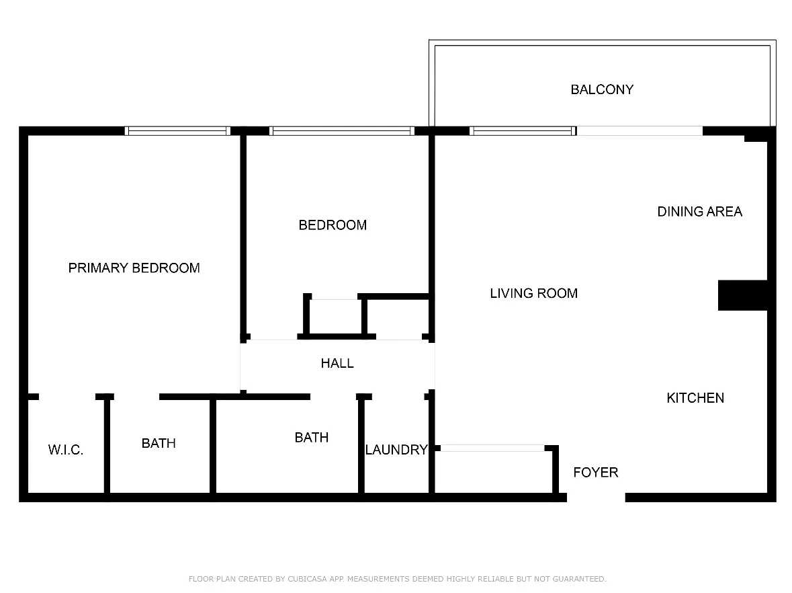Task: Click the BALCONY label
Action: (601, 89)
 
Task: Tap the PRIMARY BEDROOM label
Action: (134, 268)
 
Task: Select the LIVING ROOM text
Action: (533, 293)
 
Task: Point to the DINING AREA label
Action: (699, 212)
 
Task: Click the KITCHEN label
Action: (695, 398)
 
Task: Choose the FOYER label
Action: (595, 473)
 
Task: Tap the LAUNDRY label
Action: (396, 450)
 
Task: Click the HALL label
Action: (337, 364)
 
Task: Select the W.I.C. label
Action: (66, 450)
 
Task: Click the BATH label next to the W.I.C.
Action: (159, 444)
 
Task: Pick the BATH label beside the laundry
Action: (311, 438)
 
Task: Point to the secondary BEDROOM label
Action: (333, 225)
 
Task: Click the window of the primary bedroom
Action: (177, 131)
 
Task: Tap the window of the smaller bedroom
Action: (341, 131)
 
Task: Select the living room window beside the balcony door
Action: (522, 131)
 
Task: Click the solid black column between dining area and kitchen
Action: (742, 295)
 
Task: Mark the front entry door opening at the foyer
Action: (596, 498)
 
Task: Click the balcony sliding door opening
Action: (640, 131)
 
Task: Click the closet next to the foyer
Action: (494, 473)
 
